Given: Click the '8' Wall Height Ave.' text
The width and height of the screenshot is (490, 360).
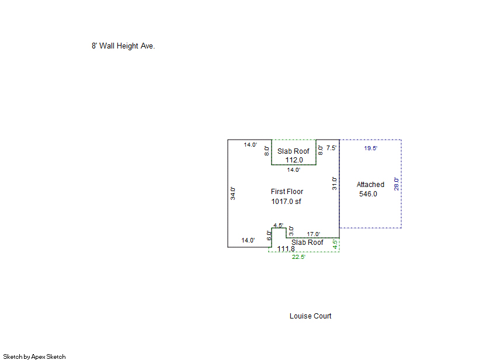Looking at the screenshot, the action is tap(123, 46).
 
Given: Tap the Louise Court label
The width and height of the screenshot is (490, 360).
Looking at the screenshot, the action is tap(310, 316).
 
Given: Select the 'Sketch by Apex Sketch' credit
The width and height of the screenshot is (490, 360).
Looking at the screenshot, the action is tap(34, 356).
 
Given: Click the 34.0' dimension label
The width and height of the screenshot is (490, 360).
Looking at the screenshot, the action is tap(233, 193).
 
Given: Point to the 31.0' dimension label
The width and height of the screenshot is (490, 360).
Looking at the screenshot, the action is tap(335, 184).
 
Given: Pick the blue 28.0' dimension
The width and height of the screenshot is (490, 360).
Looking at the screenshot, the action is tap(396, 184).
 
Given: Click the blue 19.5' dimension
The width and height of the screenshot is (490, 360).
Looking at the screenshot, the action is tap(371, 148).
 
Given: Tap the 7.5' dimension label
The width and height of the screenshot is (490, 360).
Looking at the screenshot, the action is tap(331, 148).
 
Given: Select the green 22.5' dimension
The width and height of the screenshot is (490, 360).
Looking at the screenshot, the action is tap(299, 257).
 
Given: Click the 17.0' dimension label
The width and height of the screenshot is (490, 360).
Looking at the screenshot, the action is tap(314, 234).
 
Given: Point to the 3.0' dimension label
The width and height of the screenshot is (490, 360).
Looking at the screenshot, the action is tap(291, 231).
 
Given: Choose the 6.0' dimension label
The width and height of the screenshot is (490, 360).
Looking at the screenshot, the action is tap(269, 236).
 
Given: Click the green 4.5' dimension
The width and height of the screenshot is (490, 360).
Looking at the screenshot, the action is tap(335, 244).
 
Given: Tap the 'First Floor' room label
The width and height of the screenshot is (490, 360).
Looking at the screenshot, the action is tap(287, 192).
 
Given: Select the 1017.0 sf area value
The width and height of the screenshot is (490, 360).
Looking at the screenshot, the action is tap(286, 202).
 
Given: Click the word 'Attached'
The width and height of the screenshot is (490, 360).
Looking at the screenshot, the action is tap(370, 185).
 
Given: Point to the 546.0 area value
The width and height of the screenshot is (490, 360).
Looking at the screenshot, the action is tap(368, 194).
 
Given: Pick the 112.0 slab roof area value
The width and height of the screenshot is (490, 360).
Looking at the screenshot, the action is tap(294, 160).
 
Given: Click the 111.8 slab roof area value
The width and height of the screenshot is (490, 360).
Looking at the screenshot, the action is tap(286, 248).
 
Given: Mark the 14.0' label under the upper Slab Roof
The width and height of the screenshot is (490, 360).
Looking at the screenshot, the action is tap(294, 170).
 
